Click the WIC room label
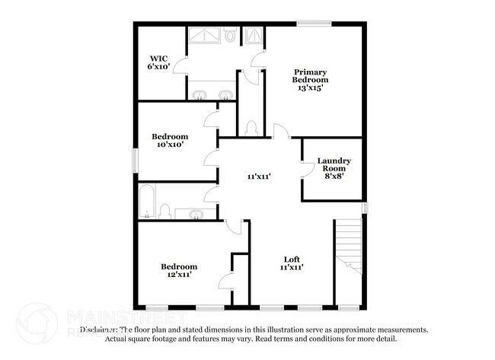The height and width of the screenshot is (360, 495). (158, 58)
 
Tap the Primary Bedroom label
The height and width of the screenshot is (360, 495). (311, 76)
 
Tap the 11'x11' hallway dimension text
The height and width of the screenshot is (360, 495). (259, 176)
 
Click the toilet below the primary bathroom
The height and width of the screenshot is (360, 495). (252, 128)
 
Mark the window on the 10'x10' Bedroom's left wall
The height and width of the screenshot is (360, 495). (136, 161)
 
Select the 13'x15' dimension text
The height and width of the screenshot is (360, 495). (311, 88)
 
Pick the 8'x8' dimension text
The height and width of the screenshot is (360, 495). (334, 174)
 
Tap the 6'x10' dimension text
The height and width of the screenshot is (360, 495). (158, 67)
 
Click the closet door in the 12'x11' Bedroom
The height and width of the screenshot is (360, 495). (226, 281)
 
